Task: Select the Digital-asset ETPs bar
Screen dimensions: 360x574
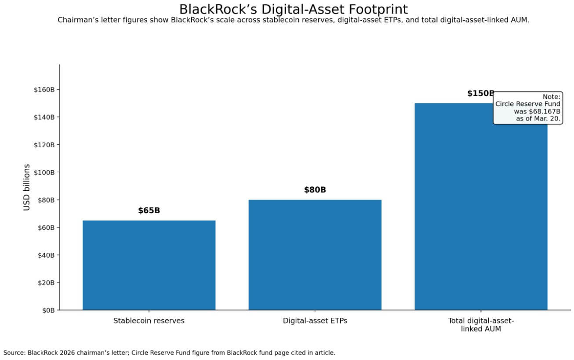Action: [315, 255]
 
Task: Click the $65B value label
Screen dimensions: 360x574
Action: [149, 211]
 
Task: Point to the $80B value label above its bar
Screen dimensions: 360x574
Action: [315, 190]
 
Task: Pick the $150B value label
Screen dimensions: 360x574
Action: [480, 94]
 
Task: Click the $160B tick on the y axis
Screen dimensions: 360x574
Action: [44, 90]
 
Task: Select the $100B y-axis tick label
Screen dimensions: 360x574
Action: [44, 172]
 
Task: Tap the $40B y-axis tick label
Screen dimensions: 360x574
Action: [46, 255]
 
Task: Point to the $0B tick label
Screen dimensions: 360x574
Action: [48, 310]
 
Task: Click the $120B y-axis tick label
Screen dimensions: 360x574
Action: [44, 145]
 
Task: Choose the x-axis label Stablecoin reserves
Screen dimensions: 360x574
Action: [149, 321]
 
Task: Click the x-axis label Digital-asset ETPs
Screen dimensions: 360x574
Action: [315, 321]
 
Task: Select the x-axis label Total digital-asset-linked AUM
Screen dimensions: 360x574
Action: [481, 325]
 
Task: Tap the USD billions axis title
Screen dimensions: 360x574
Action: [27, 187]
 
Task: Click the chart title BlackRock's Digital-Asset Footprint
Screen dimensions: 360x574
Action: [293, 9]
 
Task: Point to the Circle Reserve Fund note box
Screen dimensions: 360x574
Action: [527, 108]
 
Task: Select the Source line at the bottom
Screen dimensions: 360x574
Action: [169, 353]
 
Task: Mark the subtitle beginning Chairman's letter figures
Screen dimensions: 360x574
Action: [293, 20]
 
